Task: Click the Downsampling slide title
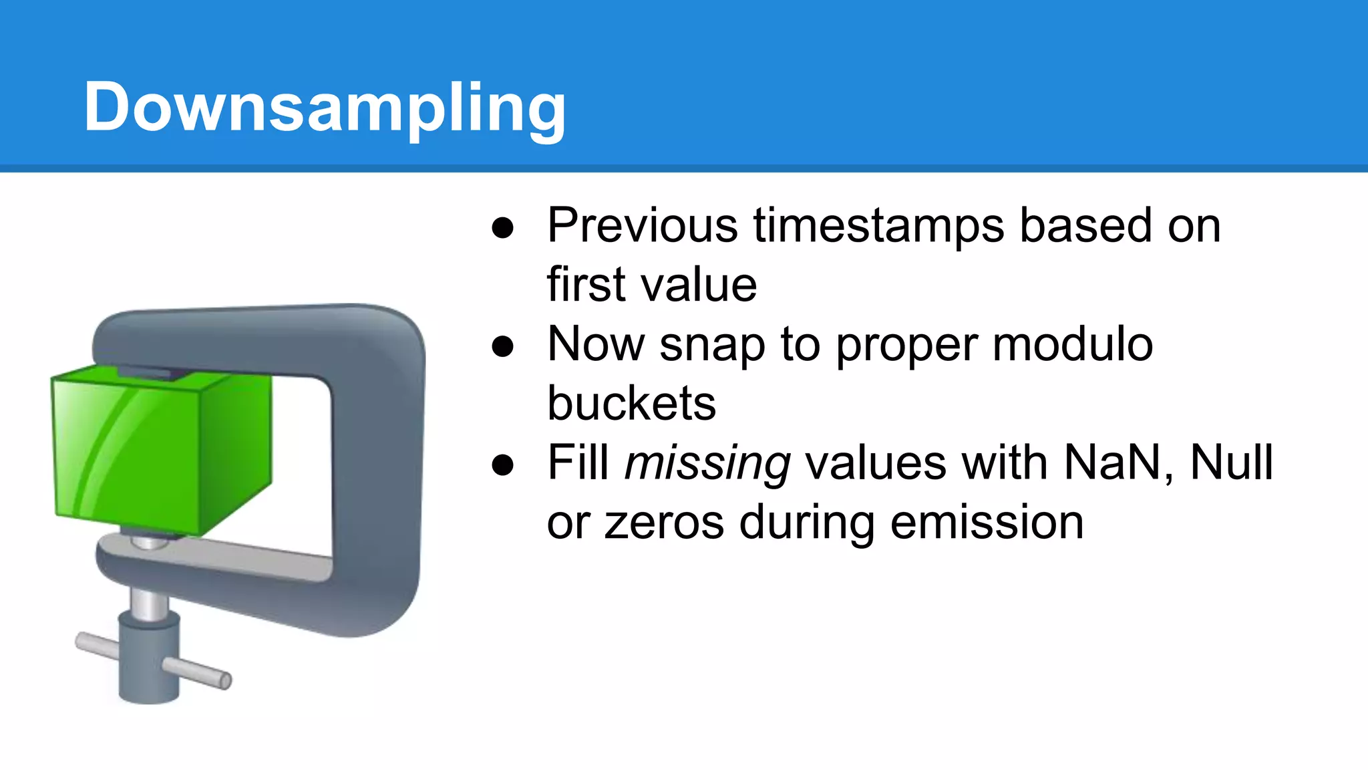(x=325, y=107)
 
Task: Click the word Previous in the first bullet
(x=642, y=225)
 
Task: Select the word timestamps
(x=878, y=225)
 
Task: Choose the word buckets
(x=631, y=404)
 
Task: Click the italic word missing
(x=707, y=463)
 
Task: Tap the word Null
(x=1232, y=463)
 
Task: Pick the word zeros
(x=664, y=523)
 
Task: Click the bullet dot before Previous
(x=502, y=227)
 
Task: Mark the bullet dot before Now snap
(x=502, y=346)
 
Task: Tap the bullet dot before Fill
(x=502, y=465)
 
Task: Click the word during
(x=807, y=523)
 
